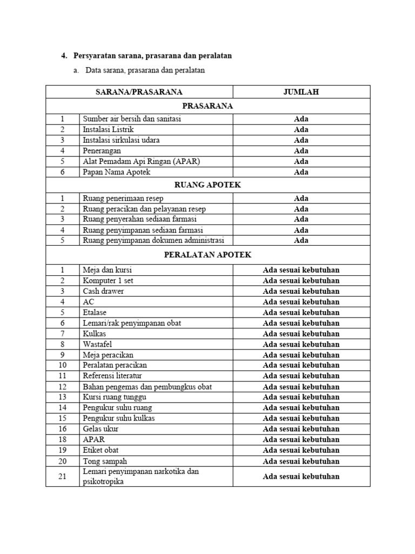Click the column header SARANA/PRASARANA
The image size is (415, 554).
(x=139, y=92)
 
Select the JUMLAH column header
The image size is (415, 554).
(x=301, y=92)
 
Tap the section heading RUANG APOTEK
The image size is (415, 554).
(x=208, y=185)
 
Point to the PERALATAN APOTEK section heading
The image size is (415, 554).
(x=208, y=255)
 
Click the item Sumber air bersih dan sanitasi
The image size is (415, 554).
(x=132, y=118)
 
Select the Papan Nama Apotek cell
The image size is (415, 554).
(x=116, y=172)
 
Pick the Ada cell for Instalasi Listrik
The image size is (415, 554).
(x=301, y=129)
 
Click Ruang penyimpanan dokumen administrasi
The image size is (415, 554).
(x=153, y=240)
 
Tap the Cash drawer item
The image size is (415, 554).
(x=103, y=291)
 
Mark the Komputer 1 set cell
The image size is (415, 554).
(x=108, y=280)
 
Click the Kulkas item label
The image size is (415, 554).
(x=95, y=334)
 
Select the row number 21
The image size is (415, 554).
(x=62, y=477)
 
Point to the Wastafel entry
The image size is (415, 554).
(x=97, y=344)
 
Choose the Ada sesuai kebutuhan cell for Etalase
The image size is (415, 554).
(x=301, y=312)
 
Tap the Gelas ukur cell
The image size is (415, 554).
(x=101, y=429)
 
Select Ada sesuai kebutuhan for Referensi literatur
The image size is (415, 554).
(x=301, y=376)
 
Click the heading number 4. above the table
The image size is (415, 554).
(x=64, y=56)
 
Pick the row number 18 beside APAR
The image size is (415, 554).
(x=62, y=439)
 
